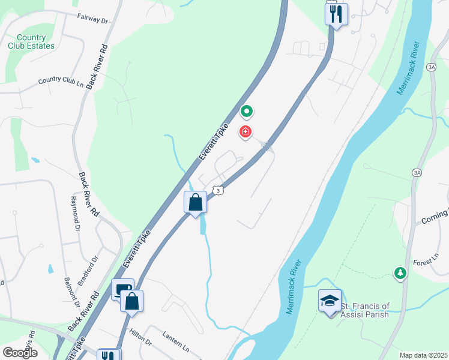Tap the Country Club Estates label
[31, 42]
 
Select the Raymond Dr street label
[76, 214]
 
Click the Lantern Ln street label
[176, 347]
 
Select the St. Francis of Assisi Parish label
[365, 310]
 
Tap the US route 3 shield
[219, 190]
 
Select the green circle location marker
[246, 111]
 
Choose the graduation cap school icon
[330, 300]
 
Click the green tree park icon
[400, 273]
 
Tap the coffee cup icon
[122, 290]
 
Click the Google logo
[19, 352]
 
